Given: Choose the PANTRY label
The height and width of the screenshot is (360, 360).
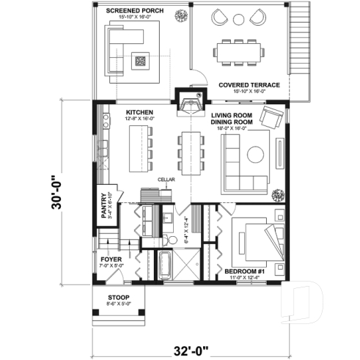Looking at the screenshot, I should pos(103,206).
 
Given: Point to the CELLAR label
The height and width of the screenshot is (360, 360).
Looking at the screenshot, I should pos(164,178).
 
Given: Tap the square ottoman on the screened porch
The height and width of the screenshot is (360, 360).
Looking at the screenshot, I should pos(142,61).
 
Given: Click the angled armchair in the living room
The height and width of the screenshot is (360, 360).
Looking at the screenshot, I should pos(271,117).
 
